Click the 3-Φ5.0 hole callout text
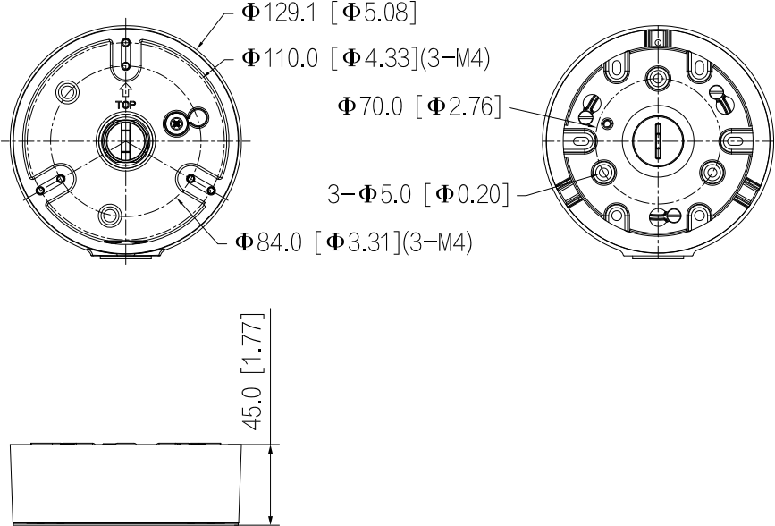click(417, 194)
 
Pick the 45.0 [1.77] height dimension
click(252, 371)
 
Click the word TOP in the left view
click(125, 105)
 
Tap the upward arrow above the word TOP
click(126, 89)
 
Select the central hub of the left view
click(125, 141)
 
